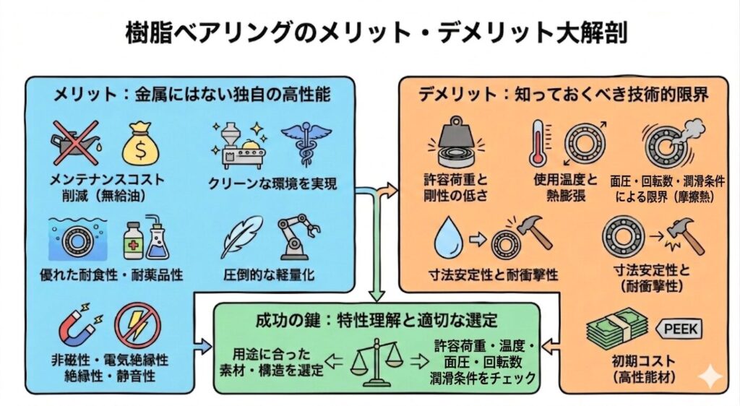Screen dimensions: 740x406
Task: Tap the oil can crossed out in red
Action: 75,142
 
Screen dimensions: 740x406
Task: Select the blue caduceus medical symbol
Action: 306,142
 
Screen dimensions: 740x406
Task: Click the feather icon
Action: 243,238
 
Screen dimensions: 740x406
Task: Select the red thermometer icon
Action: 539,143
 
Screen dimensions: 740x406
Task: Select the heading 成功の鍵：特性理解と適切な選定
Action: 376,320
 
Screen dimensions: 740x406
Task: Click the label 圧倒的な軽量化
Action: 269,275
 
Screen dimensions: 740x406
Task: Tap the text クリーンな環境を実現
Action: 272,183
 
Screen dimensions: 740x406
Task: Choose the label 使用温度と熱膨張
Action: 566,187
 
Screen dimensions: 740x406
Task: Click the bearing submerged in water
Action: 78,239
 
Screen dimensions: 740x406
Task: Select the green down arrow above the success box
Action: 376,245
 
